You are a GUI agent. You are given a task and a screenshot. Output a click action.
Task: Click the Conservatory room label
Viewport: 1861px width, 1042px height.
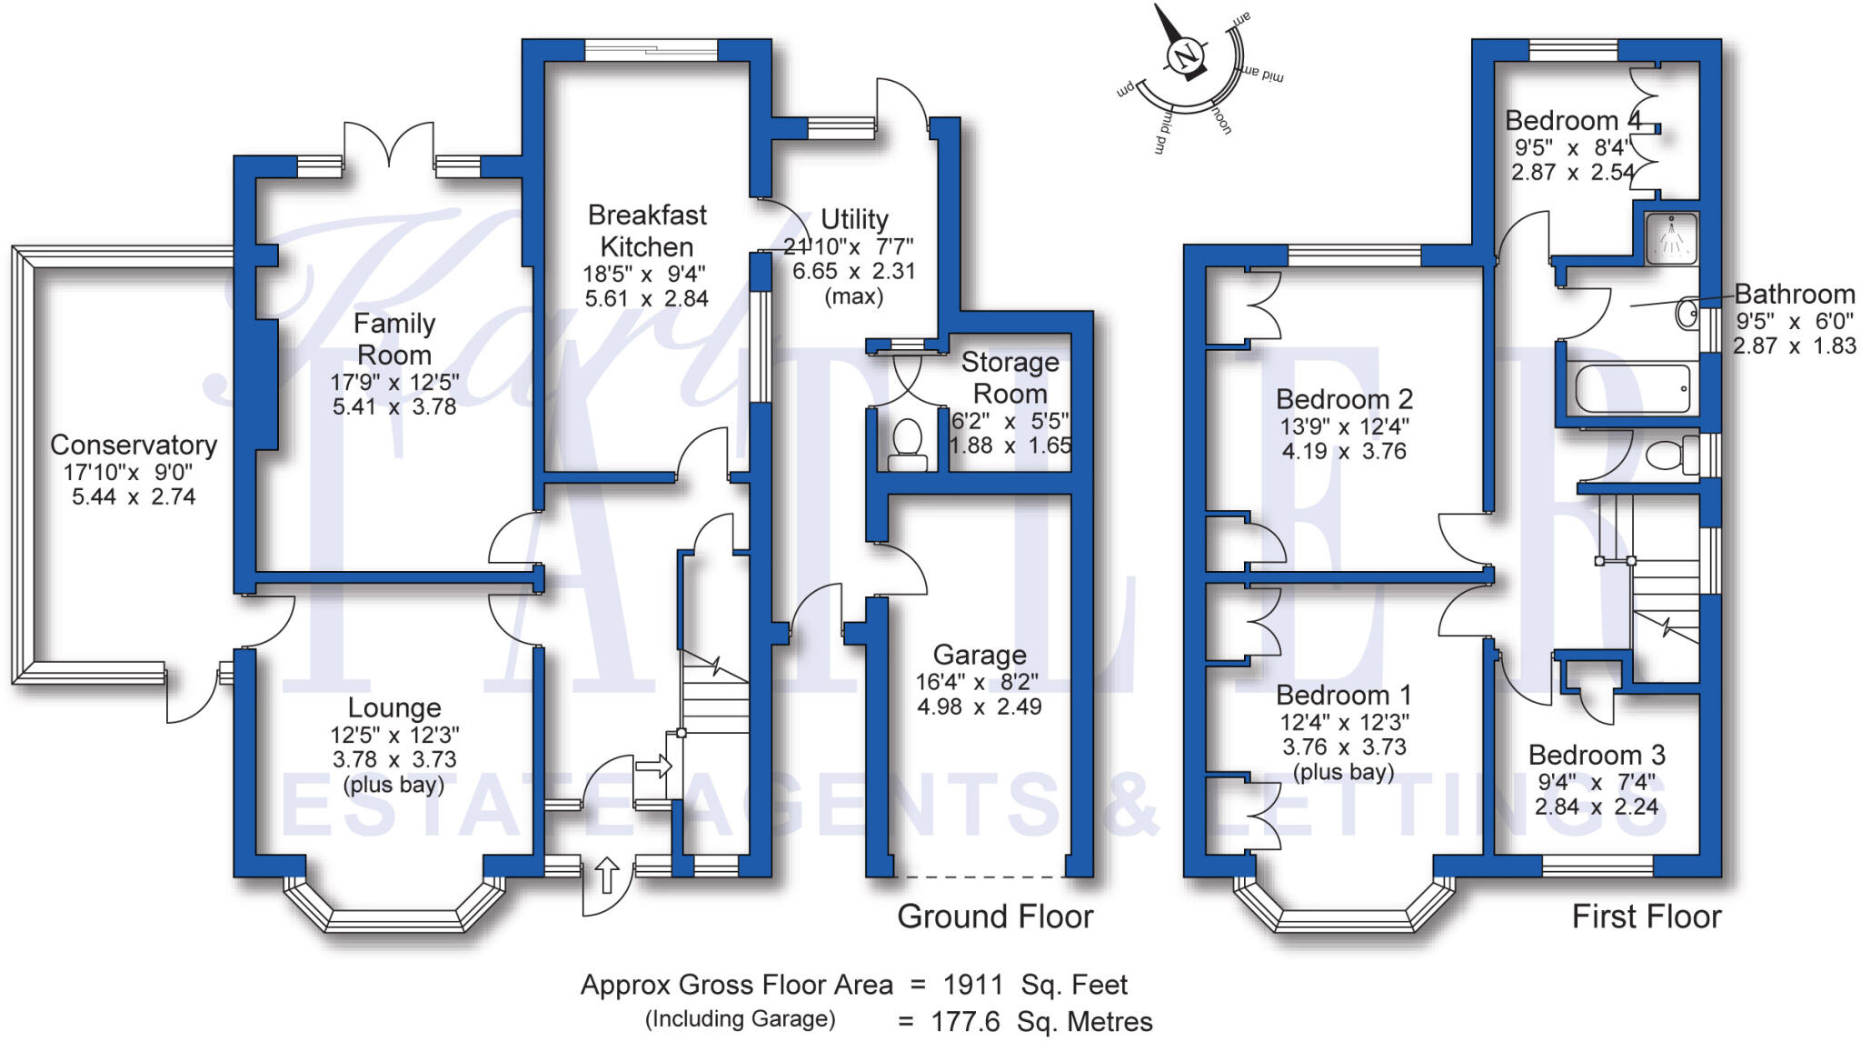[x=134, y=445]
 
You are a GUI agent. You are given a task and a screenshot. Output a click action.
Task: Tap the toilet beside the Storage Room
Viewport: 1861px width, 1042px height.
[x=907, y=445]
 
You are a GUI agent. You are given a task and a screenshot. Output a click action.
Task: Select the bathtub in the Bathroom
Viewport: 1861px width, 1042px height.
[x=1632, y=388]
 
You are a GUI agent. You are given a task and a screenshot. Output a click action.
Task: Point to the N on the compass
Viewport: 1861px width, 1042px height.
[x=1185, y=56]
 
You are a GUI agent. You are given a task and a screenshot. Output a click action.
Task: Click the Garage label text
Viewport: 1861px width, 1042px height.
[x=980, y=655]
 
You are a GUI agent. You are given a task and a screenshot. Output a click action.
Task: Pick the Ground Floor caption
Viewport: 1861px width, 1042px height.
[x=995, y=917]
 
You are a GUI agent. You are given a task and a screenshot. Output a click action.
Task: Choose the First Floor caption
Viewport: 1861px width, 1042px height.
[x=1647, y=917]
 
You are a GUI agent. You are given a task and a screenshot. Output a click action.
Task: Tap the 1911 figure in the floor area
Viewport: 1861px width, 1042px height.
[x=973, y=985]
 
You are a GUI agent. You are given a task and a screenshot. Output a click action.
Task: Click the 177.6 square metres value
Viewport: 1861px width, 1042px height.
[x=965, y=1022]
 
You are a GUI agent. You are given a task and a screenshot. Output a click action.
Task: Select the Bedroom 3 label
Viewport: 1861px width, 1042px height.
[x=1597, y=755]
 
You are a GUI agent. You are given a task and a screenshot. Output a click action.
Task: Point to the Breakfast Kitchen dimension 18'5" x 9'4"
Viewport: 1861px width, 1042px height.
[x=644, y=273]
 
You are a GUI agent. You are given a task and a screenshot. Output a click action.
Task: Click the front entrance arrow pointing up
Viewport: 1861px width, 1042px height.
[x=607, y=875]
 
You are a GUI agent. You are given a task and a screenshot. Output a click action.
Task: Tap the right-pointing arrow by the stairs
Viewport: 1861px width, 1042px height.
[x=653, y=766]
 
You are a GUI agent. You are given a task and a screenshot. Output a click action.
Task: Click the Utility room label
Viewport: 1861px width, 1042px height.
[x=854, y=219]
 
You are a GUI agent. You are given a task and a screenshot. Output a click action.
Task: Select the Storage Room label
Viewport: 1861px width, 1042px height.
[x=1010, y=377]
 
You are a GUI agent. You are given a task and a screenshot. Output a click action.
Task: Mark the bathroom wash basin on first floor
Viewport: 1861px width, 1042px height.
[x=1687, y=315]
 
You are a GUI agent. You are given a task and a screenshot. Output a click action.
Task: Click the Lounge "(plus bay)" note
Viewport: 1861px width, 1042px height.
[x=394, y=784]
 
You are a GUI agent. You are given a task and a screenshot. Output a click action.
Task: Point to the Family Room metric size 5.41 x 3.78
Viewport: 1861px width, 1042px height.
[x=394, y=406]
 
